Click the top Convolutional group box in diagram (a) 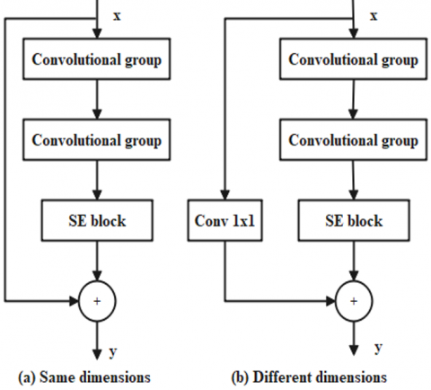(x=96, y=60)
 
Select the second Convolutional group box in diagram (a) (x=96, y=140)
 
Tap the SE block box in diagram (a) (x=96, y=221)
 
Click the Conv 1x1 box (x=224, y=221)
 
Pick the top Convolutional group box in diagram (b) (x=353, y=60)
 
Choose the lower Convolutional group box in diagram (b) (x=353, y=140)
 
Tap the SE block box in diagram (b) (x=353, y=221)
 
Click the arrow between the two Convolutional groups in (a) (x=96, y=101)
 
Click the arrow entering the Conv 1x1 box (x=224, y=180)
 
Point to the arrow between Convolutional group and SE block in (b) (x=353, y=181)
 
